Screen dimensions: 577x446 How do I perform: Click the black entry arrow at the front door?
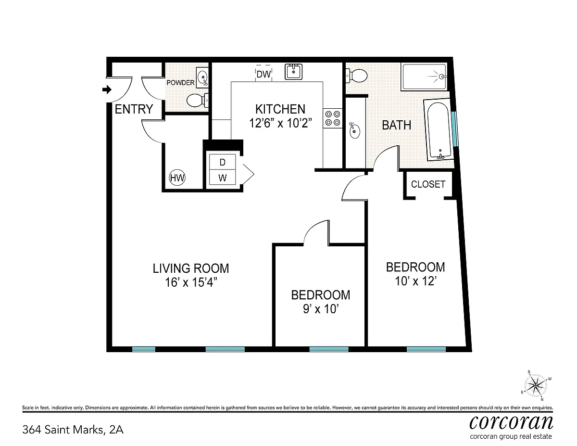[x=107, y=89]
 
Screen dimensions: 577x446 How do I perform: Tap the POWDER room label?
[x=181, y=83]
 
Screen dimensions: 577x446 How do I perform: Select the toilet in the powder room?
[x=198, y=101]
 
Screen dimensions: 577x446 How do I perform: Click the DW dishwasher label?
[x=263, y=74]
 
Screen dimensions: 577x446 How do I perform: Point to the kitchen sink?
[x=293, y=72]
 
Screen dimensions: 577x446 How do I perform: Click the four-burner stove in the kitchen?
[x=332, y=118]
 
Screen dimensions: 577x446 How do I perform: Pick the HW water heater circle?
[x=177, y=178]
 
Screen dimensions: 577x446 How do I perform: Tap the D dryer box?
[x=223, y=162]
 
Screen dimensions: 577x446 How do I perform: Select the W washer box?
[x=223, y=178]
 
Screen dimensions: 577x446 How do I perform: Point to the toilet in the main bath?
[x=356, y=76]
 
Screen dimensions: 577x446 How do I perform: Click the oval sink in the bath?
[x=355, y=130]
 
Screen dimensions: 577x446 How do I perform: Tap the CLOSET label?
[x=428, y=184]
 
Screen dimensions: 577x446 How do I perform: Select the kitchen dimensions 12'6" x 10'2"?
[x=280, y=123]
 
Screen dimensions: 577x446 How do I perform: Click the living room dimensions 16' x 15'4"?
[x=191, y=282]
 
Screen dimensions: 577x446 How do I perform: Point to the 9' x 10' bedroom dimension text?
[x=321, y=309]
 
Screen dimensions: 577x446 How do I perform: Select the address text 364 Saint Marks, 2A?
[x=73, y=430]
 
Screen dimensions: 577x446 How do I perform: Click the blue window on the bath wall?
[x=454, y=129]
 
